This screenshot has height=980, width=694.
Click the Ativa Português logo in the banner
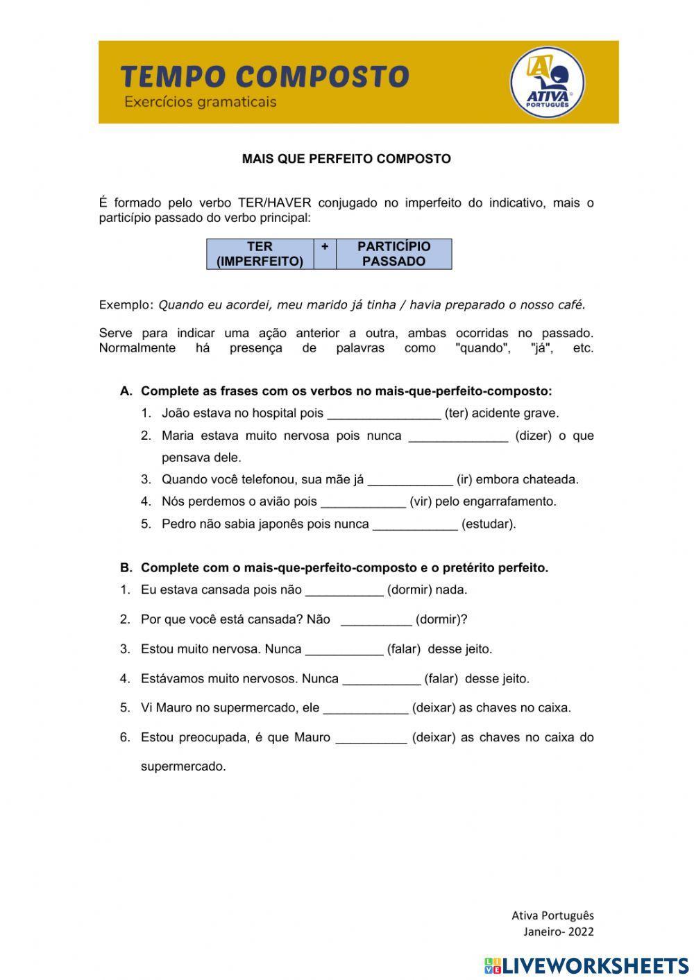548,83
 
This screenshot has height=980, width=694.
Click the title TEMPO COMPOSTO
264,76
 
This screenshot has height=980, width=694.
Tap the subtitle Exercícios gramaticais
200,102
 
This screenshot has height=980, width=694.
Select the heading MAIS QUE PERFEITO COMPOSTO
346,159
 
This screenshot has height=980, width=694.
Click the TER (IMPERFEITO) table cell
260,254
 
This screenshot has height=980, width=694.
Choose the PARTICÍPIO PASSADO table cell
393,254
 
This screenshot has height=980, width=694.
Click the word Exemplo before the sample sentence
126,304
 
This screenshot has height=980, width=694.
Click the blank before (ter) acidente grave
384,414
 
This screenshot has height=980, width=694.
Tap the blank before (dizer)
458,436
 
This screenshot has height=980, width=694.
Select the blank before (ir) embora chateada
409,480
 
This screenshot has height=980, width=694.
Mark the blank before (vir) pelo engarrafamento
363,502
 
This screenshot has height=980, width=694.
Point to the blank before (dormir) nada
344,591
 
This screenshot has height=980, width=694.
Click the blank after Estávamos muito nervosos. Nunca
382,680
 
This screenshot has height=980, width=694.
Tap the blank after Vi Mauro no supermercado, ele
366,709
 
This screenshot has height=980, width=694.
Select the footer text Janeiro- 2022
558,931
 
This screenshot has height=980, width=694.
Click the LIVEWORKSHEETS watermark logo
586,965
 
